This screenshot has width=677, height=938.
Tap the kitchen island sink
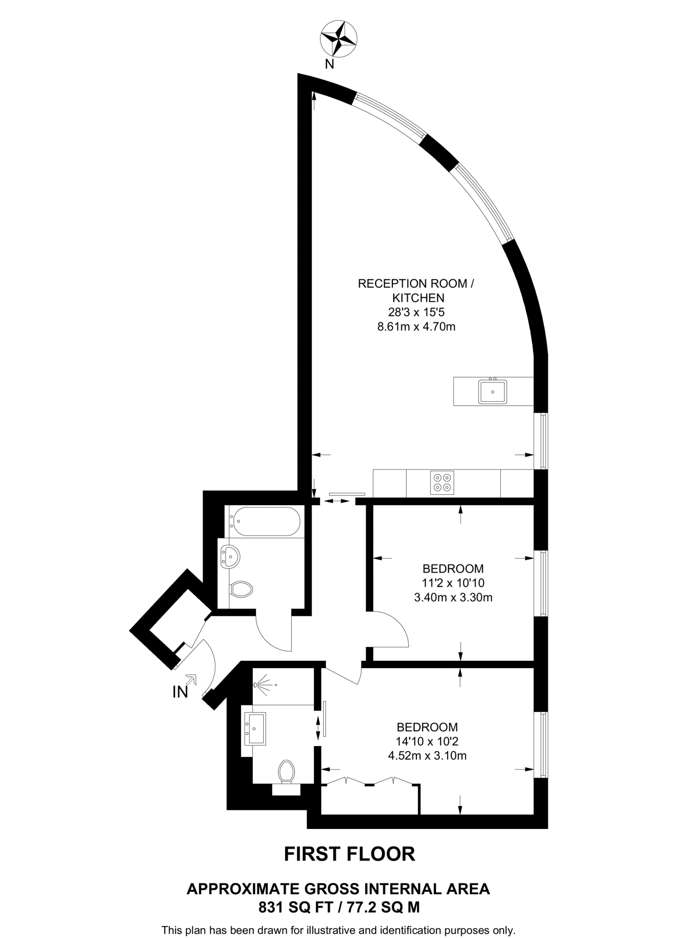coord(493,392)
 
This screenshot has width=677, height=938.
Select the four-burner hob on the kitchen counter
coord(442,483)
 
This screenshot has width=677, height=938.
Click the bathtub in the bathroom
coord(265,521)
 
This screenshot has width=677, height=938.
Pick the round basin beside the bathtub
coord(230,557)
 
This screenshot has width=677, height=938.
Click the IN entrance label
coord(180,692)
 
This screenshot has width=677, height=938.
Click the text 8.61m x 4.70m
coord(416,327)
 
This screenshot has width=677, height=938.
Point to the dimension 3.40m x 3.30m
coord(453,598)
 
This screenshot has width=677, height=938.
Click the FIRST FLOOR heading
coord(350,854)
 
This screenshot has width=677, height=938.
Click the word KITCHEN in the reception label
coord(418,298)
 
